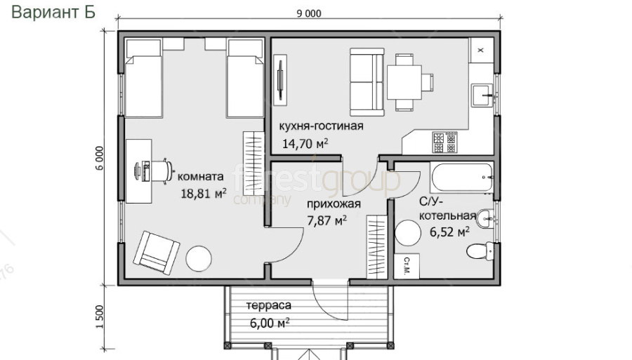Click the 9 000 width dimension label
click(309, 14)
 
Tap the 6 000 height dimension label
click(100, 159)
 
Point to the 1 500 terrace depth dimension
click(100, 317)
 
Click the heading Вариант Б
click(53, 12)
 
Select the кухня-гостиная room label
click(321, 126)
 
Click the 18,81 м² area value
click(203, 193)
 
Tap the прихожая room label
click(334, 204)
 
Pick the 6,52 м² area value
click(449, 232)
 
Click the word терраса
click(268, 306)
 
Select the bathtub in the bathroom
click(461, 177)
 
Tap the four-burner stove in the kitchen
click(445, 142)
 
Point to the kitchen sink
click(482, 95)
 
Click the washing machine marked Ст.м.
click(407, 266)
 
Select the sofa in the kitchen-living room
click(367, 82)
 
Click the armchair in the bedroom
click(157, 253)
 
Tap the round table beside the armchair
click(199, 258)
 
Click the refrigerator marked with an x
click(481, 51)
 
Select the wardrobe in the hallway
click(376, 247)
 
